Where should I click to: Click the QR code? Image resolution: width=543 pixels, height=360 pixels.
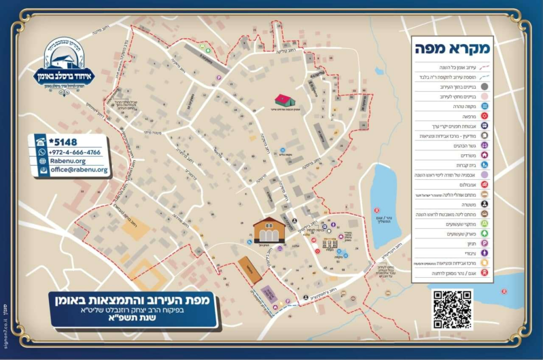pyautogui.click(x=452, y=309)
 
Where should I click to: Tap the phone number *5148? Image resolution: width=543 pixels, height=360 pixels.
pyautogui.click(x=63, y=142)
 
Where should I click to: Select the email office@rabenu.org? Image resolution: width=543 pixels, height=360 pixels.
pyautogui.click(x=79, y=170)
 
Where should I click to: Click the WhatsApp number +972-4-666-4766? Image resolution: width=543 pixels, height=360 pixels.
pyautogui.click(x=75, y=152)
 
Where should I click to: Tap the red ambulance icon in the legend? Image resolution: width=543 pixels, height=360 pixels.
pyautogui.click(x=484, y=185)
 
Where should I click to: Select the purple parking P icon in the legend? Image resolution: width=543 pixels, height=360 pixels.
pyautogui.click(x=484, y=243)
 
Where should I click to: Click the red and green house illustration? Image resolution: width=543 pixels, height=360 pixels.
pyautogui.click(x=285, y=100)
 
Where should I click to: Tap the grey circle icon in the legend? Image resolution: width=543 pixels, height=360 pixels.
pyautogui.click(x=484, y=86)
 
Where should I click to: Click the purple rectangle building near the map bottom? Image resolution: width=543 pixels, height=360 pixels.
pyautogui.click(x=269, y=294)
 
